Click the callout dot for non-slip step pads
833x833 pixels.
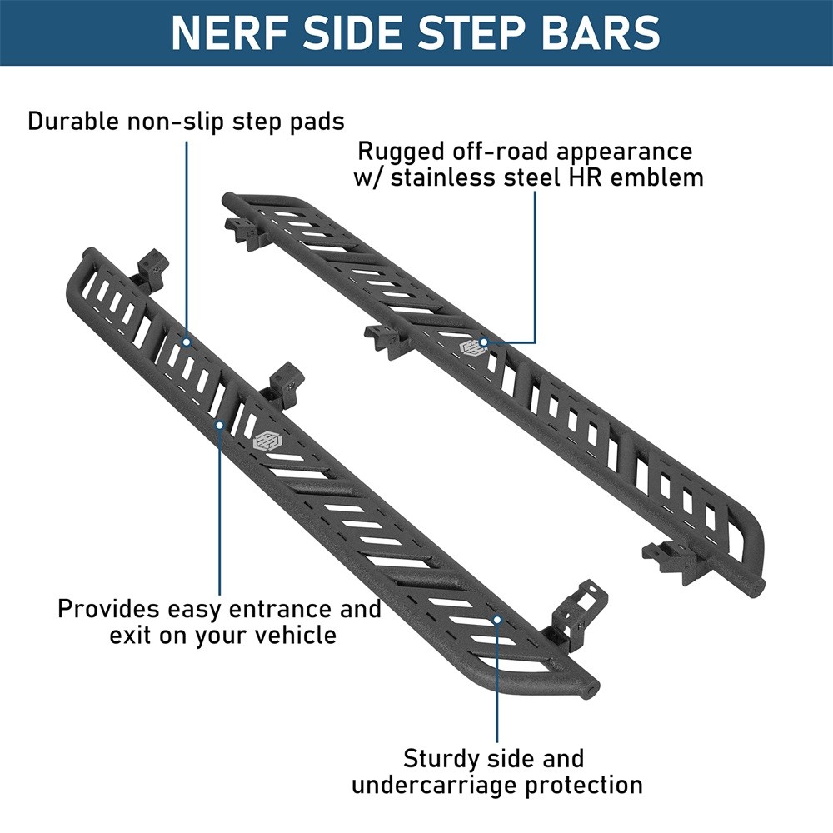coord(187,342)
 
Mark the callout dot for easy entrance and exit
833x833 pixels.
coord(220,425)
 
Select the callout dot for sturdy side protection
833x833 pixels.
coord(497,619)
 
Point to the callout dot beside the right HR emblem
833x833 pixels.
coord(486,342)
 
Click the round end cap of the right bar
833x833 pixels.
coord(756,585)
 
